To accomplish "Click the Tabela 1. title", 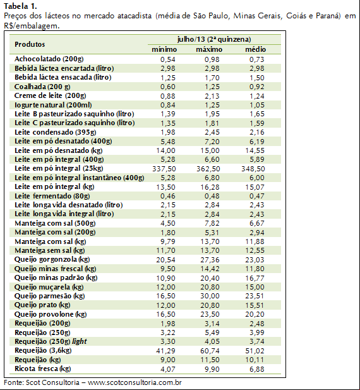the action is click(20, 6).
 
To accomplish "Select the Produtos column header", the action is click(30, 44).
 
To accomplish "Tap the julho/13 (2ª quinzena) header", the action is click(214, 39).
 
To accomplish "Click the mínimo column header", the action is click(164, 49).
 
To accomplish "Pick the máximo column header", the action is click(209, 49).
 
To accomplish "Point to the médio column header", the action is click(255, 49).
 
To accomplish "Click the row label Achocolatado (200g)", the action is click(49, 59).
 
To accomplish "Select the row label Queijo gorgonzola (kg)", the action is click(52, 260).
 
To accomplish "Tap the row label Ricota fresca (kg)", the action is click(43, 369).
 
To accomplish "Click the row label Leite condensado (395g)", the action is click(56, 132).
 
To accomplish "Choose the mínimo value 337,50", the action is click(164, 169).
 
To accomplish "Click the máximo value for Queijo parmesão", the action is click(210, 296).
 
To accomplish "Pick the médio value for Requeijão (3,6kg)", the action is click(255, 351).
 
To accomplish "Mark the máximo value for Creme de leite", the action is click(212, 96).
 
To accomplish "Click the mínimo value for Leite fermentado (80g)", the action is click(168, 196).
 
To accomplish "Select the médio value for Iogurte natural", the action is click(257, 105).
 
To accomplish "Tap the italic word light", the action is click(79, 341).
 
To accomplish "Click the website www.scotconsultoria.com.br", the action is click(135, 382).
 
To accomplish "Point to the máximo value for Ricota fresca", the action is click(212, 369).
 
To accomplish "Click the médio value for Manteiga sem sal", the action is click(255, 251).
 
